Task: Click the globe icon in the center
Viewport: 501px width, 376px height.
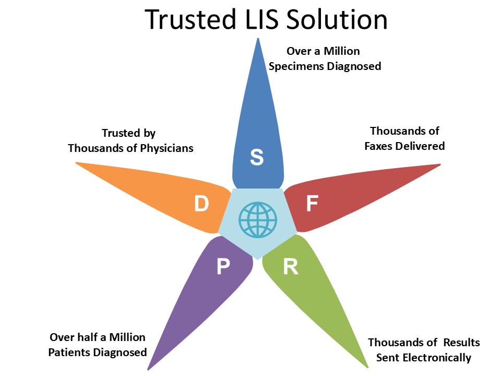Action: coord(257,220)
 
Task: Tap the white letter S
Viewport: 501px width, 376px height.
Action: coord(257,157)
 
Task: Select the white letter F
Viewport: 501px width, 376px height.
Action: coord(312,204)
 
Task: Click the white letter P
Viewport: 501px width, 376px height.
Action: coord(223,267)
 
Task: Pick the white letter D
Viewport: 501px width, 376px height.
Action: coord(201,204)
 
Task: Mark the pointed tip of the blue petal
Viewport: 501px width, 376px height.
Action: coord(257,39)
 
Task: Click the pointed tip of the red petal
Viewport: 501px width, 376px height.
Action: coord(440,165)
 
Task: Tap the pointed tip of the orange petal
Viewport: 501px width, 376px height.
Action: coord(77,163)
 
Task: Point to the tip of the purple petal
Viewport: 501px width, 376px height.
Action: coord(148,368)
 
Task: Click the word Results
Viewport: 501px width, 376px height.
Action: coord(462,343)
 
